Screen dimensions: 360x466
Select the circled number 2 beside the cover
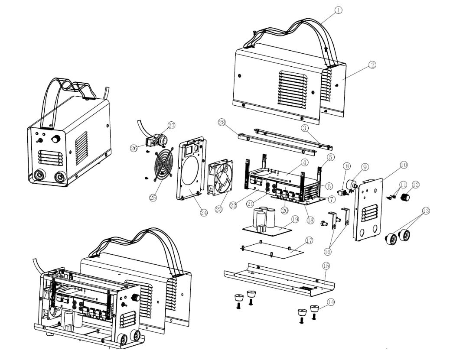point(372,65)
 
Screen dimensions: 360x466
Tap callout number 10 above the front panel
point(403,165)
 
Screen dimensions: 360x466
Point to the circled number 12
point(416,185)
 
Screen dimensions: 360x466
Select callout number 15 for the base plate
point(326,265)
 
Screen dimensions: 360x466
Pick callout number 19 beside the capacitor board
point(295,220)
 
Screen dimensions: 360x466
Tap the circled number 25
point(153,198)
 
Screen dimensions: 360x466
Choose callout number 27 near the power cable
point(171,125)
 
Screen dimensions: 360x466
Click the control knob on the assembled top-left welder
point(55,139)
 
